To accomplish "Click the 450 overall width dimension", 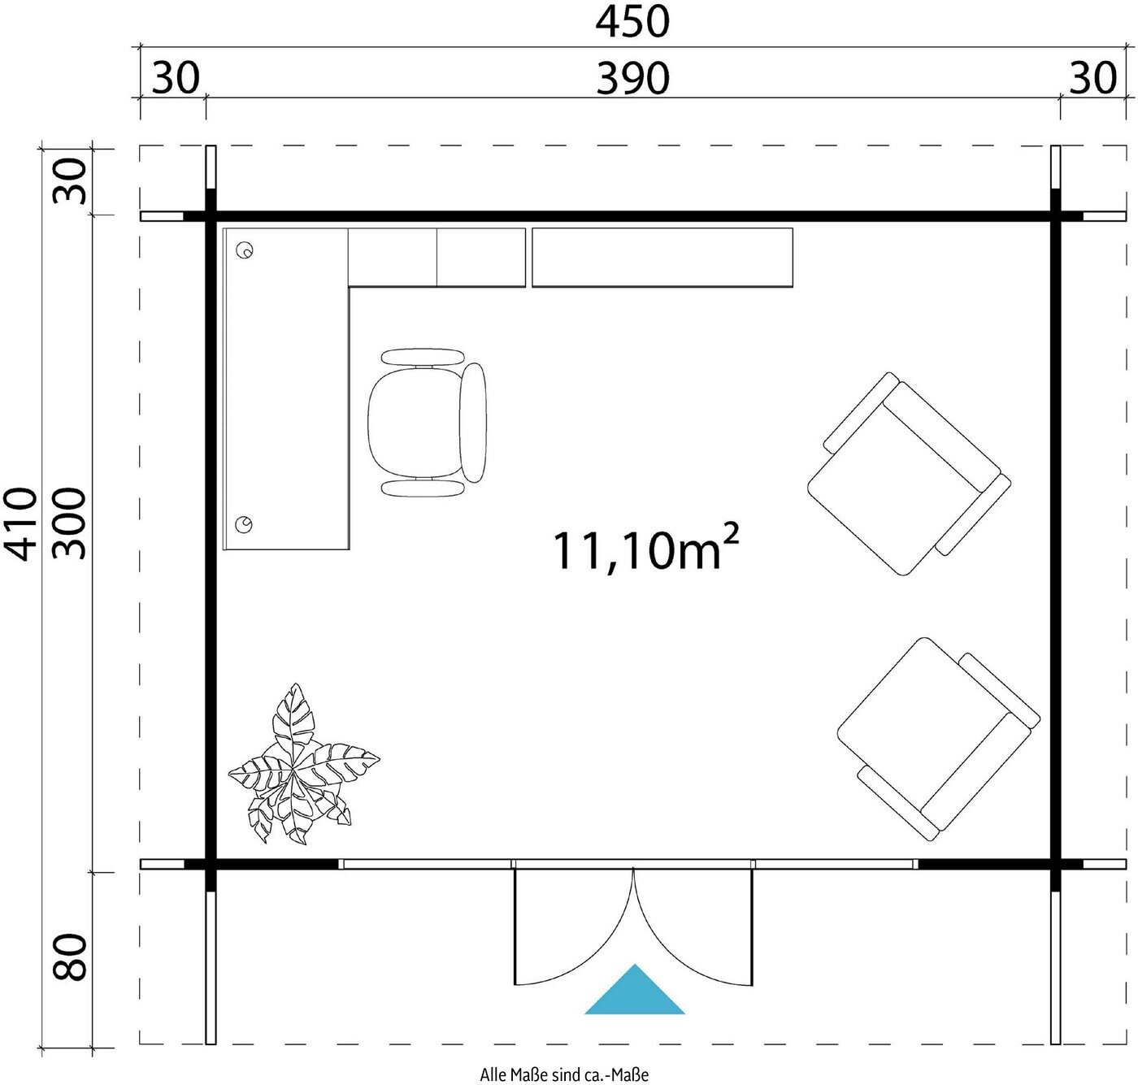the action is click(632, 23).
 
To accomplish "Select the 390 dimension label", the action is click(632, 79).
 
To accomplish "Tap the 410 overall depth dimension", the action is click(21, 523).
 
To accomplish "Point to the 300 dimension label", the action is click(69, 523).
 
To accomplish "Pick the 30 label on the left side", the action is click(69, 180).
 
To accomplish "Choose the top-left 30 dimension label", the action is click(176, 79).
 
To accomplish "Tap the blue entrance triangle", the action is click(634, 997).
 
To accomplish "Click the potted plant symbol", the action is click(302, 764).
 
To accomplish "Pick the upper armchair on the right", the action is click(909, 474).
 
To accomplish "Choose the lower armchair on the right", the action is click(939, 739).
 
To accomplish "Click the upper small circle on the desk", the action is click(245, 250).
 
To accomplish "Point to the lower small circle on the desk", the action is click(245, 524).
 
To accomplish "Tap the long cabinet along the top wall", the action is click(662, 257).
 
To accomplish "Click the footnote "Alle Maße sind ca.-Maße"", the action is click(564, 1074).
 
